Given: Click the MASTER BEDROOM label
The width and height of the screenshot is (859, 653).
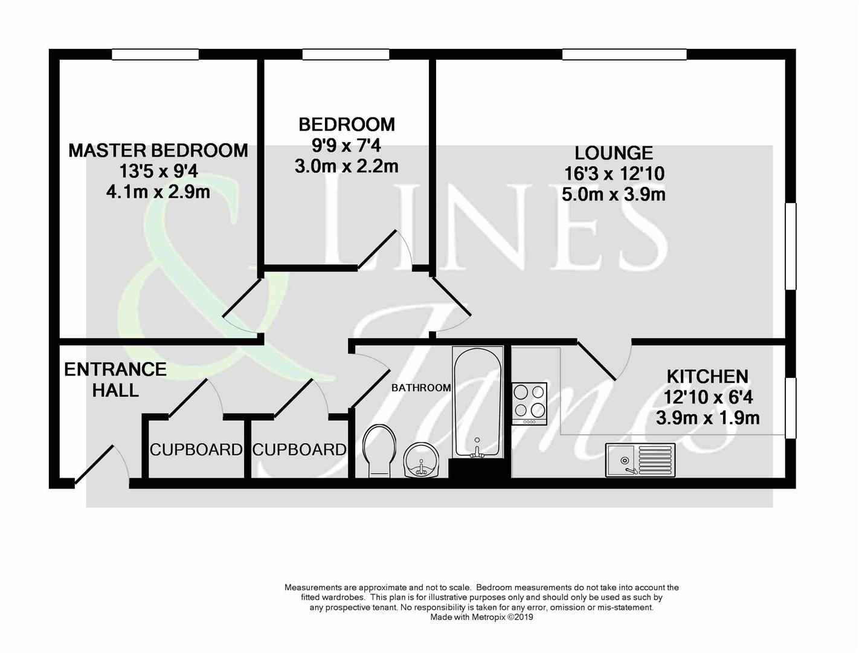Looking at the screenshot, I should [x=158, y=150].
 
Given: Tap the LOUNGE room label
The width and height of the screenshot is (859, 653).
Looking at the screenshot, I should [x=614, y=152].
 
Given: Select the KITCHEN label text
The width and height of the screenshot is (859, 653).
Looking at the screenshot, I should [x=707, y=377].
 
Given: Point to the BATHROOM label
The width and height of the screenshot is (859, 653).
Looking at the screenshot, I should [x=421, y=388].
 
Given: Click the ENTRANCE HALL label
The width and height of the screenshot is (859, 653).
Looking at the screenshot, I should [x=115, y=380].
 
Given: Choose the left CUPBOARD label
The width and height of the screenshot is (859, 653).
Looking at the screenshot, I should [x=196, y=450].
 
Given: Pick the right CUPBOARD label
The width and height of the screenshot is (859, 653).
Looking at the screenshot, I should [x=299, y=450].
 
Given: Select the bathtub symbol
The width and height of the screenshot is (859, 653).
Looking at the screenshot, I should [x=477, y=402].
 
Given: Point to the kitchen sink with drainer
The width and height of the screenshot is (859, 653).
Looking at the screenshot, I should [x=640, y=460].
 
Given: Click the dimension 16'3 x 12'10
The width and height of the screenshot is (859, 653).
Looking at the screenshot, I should [x=614, y=174].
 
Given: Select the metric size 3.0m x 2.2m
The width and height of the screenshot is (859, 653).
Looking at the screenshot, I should [x=347, y=166].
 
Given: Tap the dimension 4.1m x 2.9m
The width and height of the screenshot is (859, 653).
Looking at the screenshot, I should [x=158, y=192].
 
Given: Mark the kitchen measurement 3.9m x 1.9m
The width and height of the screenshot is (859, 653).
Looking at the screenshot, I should [x=707, y=418].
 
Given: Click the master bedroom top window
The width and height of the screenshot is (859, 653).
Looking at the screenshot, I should [x=155, y=54].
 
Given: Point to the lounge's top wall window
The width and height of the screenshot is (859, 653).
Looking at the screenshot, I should [x=624, y=54].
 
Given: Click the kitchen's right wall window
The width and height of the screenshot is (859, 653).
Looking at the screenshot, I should [x=790, y=408].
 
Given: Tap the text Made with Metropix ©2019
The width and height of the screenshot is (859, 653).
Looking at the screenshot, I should [x=481, y=617].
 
